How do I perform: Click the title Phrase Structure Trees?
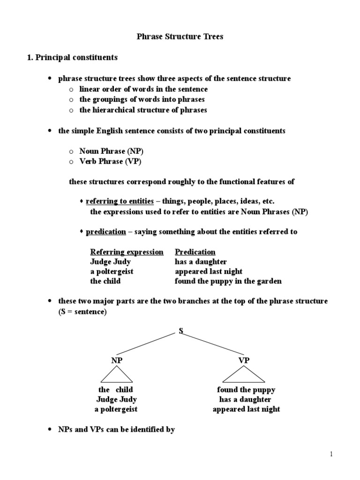[180, 37]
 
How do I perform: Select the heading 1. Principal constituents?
[71, 58]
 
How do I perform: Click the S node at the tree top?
[180, 331]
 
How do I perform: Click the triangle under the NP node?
[116, 375]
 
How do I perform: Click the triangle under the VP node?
[244, 375]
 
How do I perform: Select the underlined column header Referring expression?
[127, 252]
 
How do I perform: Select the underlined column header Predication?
[195, 252]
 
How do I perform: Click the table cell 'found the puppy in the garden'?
[228, 281]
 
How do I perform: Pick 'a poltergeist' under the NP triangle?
[116, 409]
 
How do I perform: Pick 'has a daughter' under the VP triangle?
[246, 399]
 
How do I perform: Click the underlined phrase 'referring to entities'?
[120, 201]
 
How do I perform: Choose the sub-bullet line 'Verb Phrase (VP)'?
[110, 161]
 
